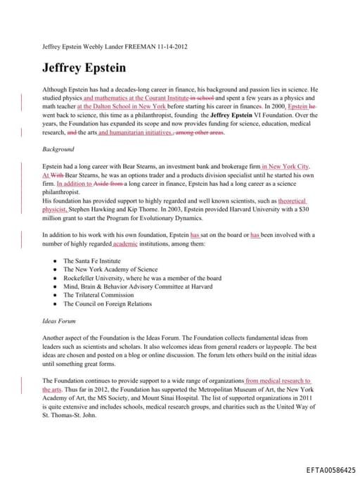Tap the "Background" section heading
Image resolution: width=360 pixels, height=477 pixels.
58,150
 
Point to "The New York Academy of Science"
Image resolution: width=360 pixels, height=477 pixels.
110,269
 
